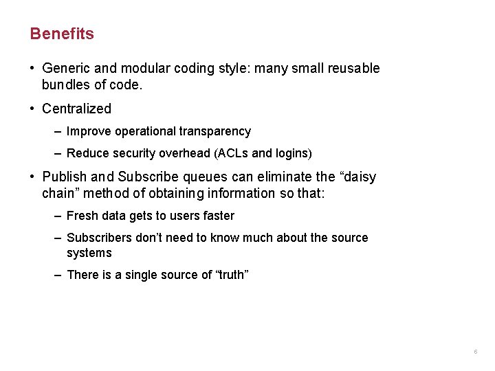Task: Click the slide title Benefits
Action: pyautogui.click(x=62, y=34)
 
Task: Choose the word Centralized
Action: pyautogui.click(x=76, y=109)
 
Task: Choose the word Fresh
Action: pyautogui.click(x=82, y=216)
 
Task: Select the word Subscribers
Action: pyautogui.click(x=100, y=238)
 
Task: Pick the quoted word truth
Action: pyautogui.click(x=232, y=275)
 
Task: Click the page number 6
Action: pyautogui.click(x=475, y=352)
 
